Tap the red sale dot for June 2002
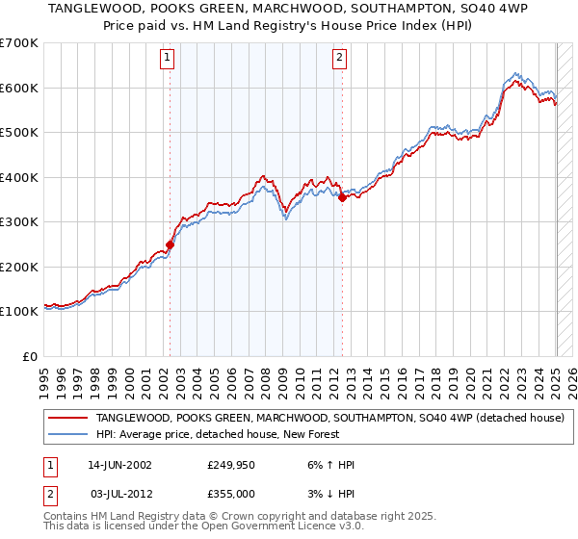pos(171,244)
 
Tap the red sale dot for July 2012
pos(342,197)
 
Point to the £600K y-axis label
pos(19,88)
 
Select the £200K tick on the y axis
pos(19,267)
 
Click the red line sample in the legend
pos(66,418)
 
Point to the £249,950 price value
pos(228,465)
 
